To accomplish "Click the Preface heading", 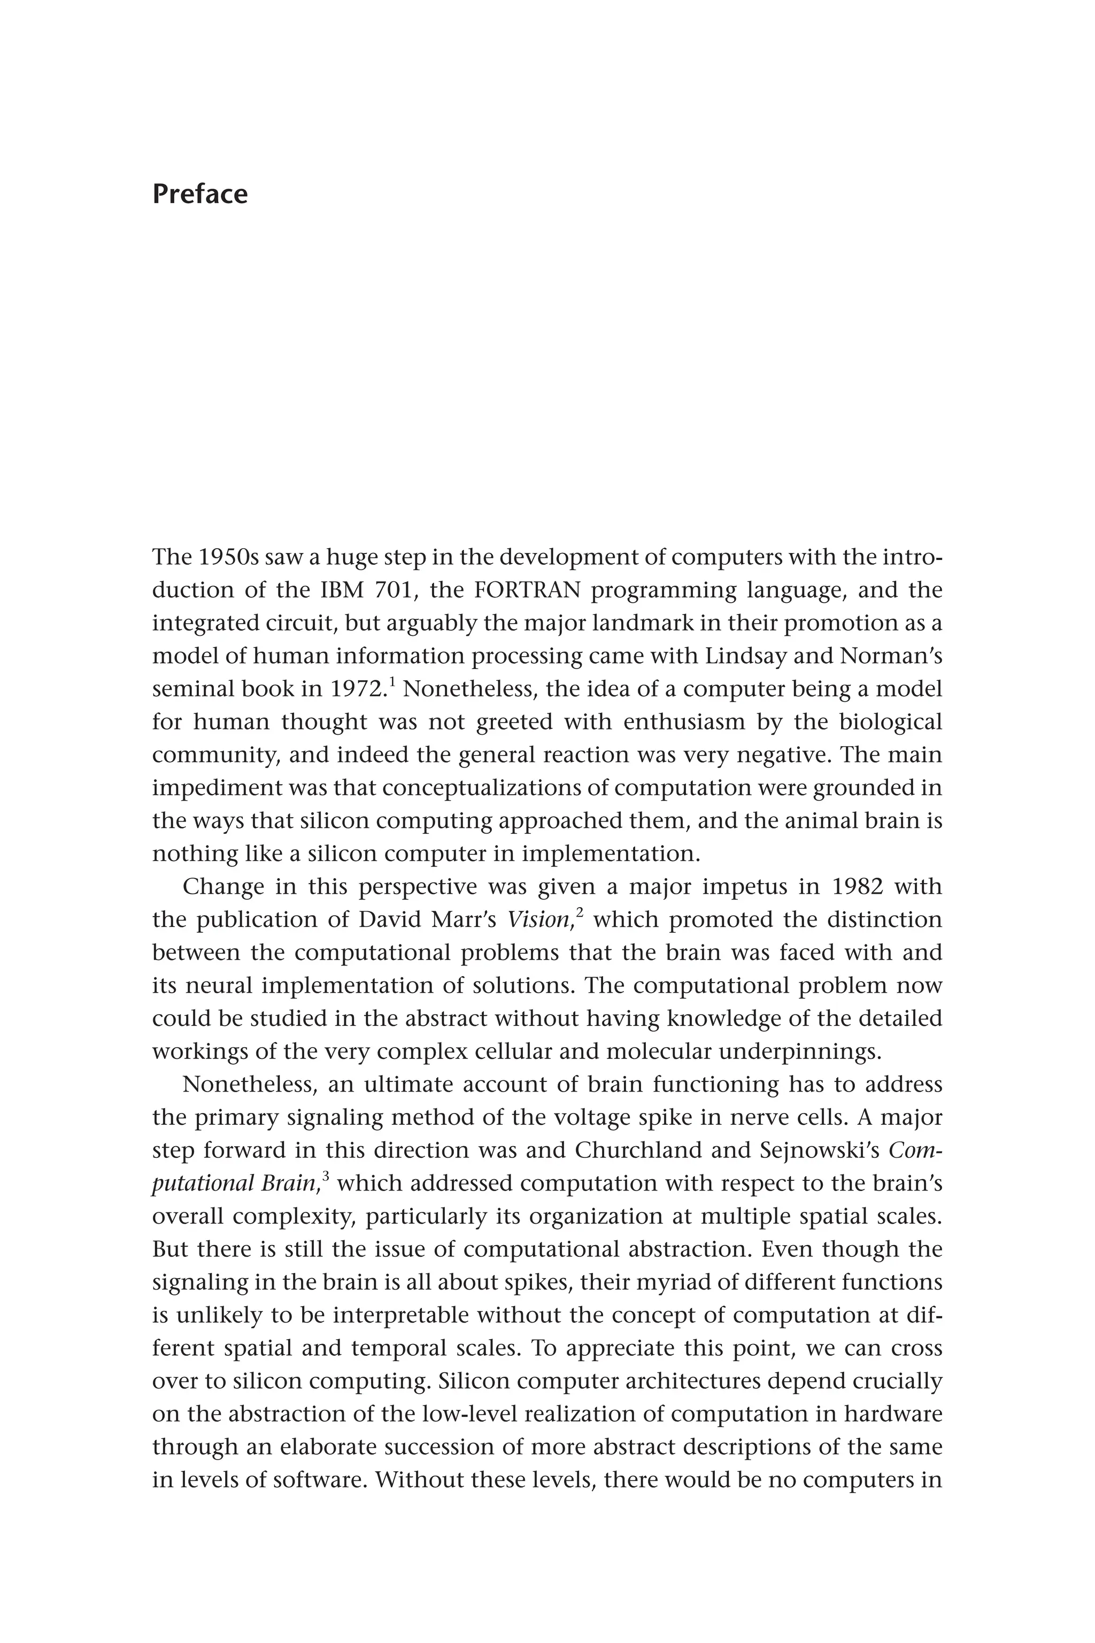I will pyautogui.click(x=200, y=194).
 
